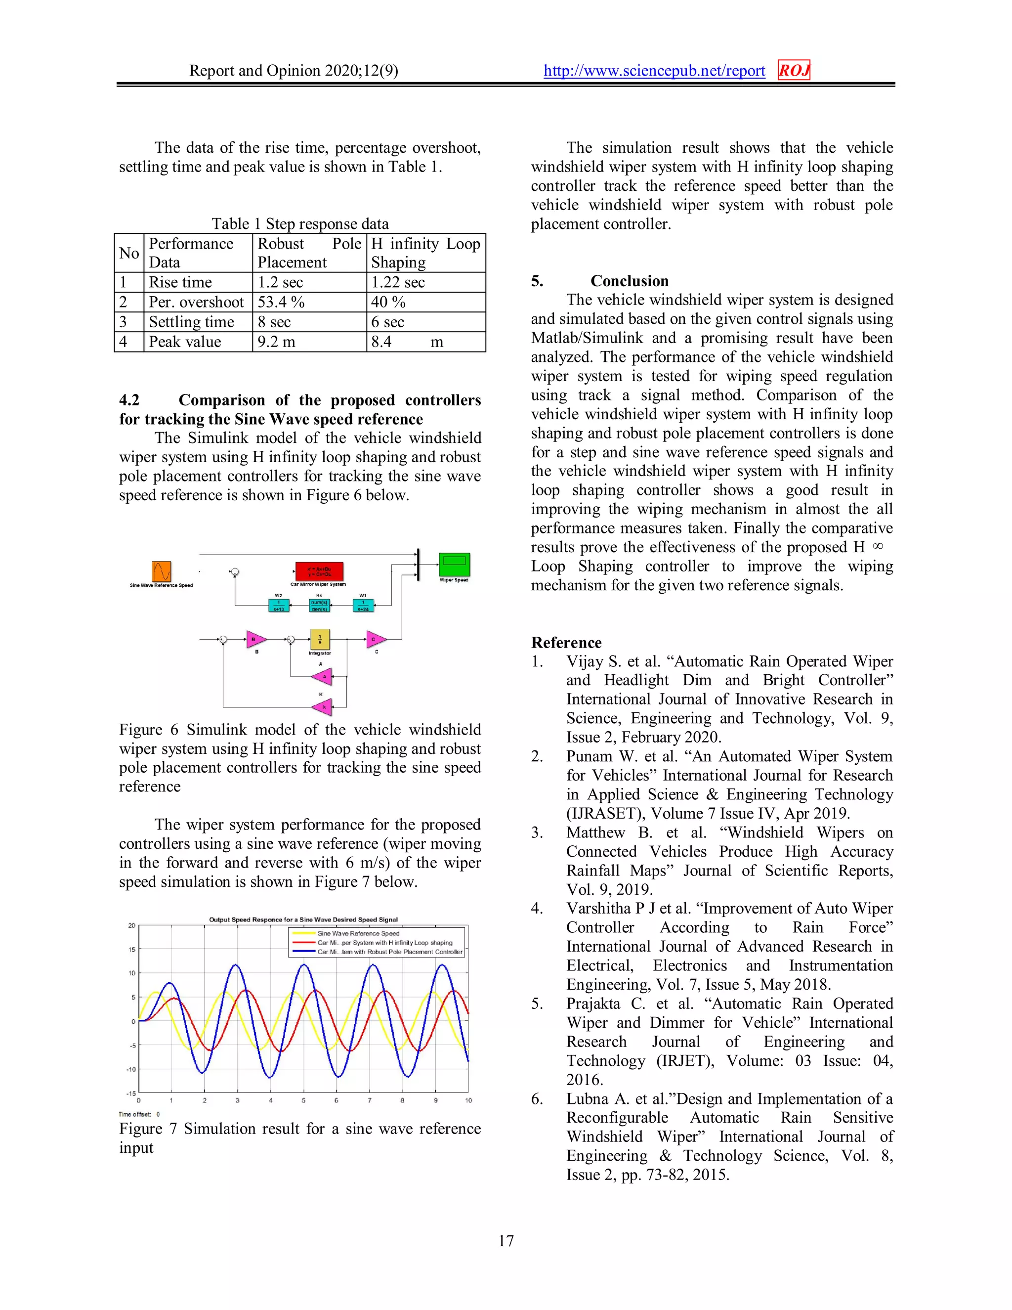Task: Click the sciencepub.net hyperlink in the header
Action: [x=654, y=71]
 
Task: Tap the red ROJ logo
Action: [x=794, y=70]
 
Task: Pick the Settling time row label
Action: [x=191, y=322]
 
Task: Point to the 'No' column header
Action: [x=129, y=253]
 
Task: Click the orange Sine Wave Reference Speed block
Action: [x=161, y=571]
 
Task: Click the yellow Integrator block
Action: [x=320, y=639]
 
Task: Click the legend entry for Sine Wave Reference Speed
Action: [x=358, y=933]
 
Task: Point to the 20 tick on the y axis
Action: [x=132, y=925]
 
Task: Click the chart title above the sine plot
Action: [x=303, y=919]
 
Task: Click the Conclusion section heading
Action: [x=629, y=281]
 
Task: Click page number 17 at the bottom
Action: [x=506, y=1241]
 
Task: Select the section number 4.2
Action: [x=129, y=400]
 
